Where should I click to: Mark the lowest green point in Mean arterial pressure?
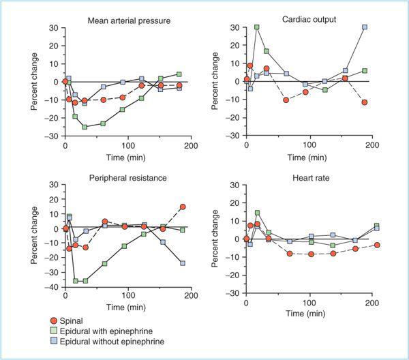(85, 127)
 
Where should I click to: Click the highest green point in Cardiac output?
(257, 27)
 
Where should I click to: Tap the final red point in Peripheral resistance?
(183, 207)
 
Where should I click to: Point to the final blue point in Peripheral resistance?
(183, 263)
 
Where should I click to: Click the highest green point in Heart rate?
(258, 213)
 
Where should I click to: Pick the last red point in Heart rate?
(377, 245)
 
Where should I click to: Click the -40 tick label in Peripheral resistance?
(50, 288)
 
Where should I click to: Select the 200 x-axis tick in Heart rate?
(372, 302)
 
